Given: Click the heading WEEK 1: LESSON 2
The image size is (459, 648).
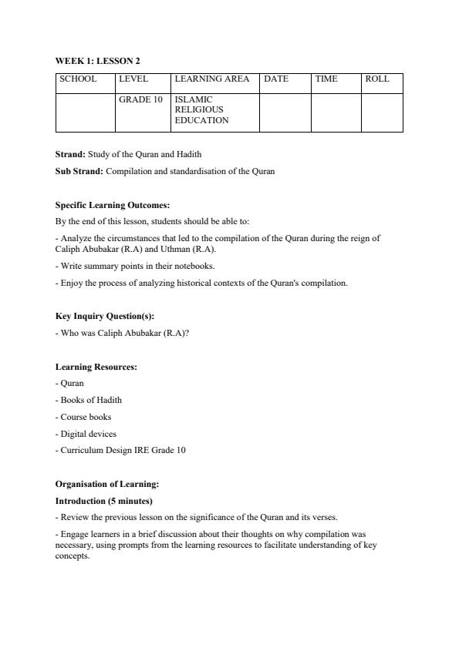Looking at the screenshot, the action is tap(97, 61).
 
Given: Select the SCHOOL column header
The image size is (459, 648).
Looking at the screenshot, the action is tap(78, 79).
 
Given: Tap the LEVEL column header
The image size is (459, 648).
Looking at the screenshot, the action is tap(133, 79).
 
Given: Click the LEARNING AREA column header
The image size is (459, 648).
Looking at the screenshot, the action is tap(212, 79).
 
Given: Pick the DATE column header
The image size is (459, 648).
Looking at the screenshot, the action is tap(276, 79).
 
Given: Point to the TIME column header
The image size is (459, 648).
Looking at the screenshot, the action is tap(326, 79).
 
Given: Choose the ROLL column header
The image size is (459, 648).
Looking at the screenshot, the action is tap(377, 79).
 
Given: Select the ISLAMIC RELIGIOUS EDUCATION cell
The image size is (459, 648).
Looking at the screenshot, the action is tap(202, 110).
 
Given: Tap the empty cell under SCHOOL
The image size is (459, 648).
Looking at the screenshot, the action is tap(85, 112).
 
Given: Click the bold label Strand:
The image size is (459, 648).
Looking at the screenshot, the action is tap(70, 155).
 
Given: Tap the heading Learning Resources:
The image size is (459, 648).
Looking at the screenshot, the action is tap(96, 367).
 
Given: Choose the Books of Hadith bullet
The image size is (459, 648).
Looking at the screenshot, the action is tap(89, 400).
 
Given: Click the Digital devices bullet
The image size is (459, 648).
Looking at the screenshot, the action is tap(86, 434).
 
